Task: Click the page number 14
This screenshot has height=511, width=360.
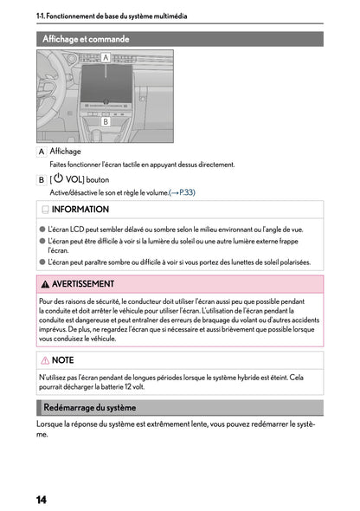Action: pyautogui.click(x=42, y=500)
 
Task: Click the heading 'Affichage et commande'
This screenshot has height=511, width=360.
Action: pyautogui.click(x=86, y=39)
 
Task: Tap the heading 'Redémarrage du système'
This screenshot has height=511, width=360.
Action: pyautogui.click(x=90, y=407)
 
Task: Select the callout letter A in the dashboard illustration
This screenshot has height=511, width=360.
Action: pyautogui.click(x=105, y=57)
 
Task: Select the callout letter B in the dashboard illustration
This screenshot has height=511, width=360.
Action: pyautogui.click(x=105, y=123)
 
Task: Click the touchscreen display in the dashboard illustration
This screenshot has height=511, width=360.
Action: pyautogui.click(x=105, y=82)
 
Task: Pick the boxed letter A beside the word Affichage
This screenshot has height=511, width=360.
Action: pyautogui.click(x=42, y=152)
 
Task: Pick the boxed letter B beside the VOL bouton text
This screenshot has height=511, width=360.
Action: pyautogui.click(x=42, y=179)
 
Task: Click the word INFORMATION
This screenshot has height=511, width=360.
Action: pyautogui.click(x=80, y=210)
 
